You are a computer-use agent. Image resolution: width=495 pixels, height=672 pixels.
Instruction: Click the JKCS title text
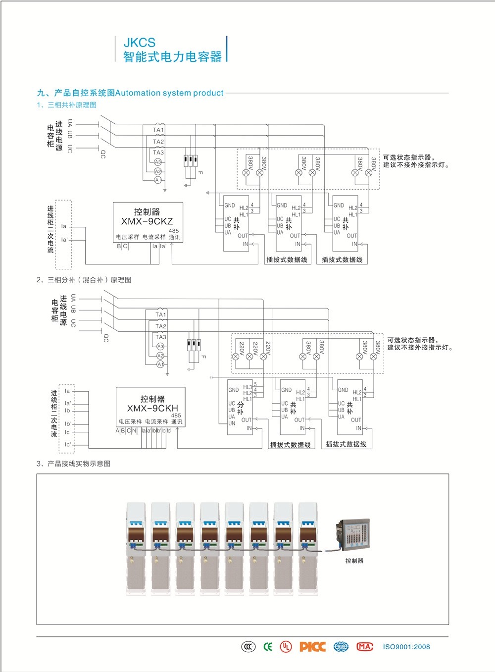tap(139, 43)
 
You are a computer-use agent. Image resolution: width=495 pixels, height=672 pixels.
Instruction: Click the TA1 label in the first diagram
tap(158, 130)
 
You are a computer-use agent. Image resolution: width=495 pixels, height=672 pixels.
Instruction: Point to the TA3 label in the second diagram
tap(161, 337)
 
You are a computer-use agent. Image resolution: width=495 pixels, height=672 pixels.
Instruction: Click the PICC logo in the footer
tap(312, 647)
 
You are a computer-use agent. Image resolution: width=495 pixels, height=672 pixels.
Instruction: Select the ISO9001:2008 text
tap(406, 647)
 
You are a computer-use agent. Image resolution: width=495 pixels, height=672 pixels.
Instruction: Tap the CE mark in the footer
tap(268, 647)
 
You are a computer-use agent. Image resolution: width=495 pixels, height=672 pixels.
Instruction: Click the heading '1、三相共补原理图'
tap(66, 105)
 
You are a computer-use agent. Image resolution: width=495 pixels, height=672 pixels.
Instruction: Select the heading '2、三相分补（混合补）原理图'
tap(84, 280)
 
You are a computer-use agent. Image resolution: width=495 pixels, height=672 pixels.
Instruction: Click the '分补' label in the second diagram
tap(241, 408)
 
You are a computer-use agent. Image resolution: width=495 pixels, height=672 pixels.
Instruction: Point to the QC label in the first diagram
tap(103, 154)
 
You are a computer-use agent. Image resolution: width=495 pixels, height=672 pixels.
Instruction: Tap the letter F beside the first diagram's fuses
tap(200, 172)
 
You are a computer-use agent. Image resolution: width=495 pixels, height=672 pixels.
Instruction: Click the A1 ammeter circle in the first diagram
tap(158, 180)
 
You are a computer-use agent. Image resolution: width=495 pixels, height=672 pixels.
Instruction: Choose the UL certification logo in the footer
tap(286, 647)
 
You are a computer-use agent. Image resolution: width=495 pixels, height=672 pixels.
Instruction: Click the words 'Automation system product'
tap(169, 93)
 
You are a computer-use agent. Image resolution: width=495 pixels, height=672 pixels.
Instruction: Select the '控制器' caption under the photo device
tap(354, 561)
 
